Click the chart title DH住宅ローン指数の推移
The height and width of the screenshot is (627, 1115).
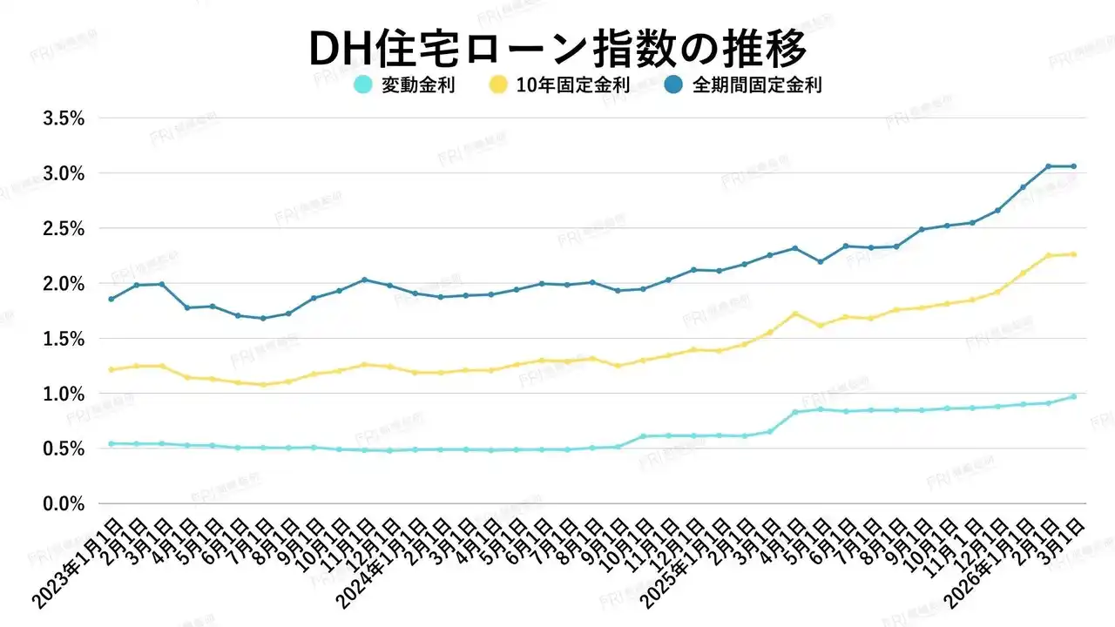point(557,50)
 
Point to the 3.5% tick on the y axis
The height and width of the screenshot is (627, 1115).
point(64,118)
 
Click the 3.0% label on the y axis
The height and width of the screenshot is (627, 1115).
point(64,173)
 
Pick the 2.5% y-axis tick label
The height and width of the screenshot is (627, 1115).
point(64,228)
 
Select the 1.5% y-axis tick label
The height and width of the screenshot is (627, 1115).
point(64,339)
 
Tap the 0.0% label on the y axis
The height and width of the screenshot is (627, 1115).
point(64,504)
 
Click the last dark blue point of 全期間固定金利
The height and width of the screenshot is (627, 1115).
point(1073,166)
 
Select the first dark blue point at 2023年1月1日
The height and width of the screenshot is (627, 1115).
point(111,299)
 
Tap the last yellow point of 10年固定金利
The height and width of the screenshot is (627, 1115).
point(1073,254)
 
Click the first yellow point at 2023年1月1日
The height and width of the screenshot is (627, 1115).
point(111,369)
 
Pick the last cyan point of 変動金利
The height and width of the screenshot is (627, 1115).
point(1073,396)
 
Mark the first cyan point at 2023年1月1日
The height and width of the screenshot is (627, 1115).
point(111,443)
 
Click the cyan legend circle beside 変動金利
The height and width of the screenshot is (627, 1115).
point(363,85)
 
